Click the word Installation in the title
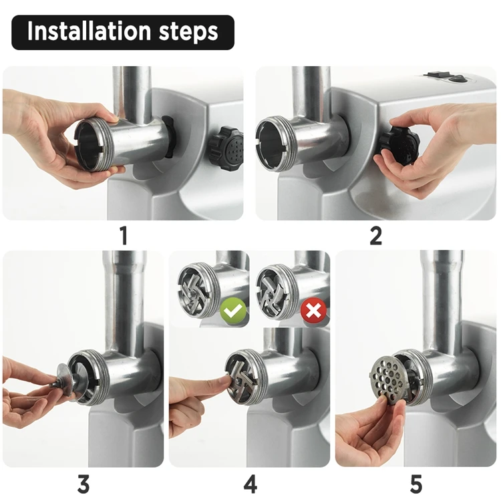89,31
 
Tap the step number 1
124,236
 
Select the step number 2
375,236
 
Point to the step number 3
83,484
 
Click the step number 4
251,484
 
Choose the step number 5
416,484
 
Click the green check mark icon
233,310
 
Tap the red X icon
313,310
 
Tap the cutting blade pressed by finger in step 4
242,380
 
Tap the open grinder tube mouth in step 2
273,144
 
